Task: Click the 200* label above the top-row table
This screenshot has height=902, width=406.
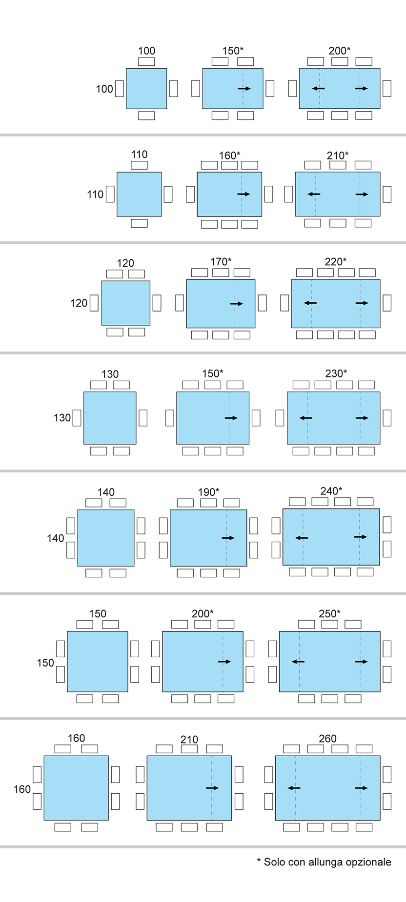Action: pyautogui.click(x=339, y=51)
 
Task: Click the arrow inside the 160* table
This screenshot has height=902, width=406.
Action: pyautogui.click(x=244, y=194)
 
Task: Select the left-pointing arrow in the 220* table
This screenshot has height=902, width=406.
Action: pyautogui.click(x=310, y=303)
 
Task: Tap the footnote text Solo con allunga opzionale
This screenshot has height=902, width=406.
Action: pyautogui.click(x=324, y=862)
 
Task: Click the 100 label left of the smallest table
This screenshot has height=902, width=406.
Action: pyautogui.click(x=104, y=89)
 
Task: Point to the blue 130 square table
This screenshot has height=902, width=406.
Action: pyautogui.click(x=110, y=418)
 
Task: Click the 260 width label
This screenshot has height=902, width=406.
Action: pyautogui.click(x=327, y=738)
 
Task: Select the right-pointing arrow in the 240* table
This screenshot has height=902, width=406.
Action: pyautogui.click(x=361, y=537)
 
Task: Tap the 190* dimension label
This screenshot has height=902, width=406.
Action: pyautogui.click(x=208, y=491)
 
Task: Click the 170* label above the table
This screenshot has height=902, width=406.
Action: pyautogui.click(x=221, y=262)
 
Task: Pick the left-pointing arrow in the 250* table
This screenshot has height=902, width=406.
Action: pyautogui.click(x=298, y=662)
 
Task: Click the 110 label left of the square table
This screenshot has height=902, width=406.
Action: pyautogui.click(x=95, y=194)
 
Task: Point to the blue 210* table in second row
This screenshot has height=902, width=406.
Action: pyautogui.click(x=338, y=194)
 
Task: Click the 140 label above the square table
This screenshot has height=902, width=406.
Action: pyautogui.click(x=106, y=492)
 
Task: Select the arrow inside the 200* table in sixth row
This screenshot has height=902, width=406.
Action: pyautogui.click(x=224, y=662)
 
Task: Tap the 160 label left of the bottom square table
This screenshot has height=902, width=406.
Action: pyautogui.click(x=22, y=788)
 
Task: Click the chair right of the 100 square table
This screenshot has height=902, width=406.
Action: pyautogui.click(x=173, y=88)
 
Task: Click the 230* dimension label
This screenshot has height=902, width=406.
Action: pyautogui.click(x=336, y=373)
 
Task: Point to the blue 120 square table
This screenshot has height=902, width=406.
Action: pyautogui.click(x=126, y=303)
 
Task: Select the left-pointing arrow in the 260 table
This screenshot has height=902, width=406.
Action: pyautogui.click(x=294, y=788)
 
